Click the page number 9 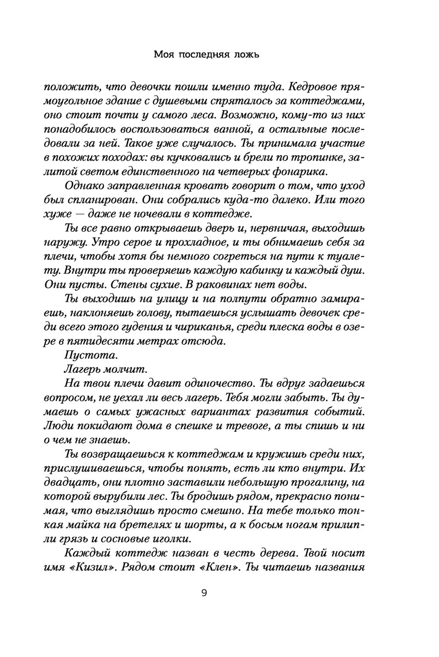(204, 593)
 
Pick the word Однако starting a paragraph (84, 186)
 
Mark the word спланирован (99, 200)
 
